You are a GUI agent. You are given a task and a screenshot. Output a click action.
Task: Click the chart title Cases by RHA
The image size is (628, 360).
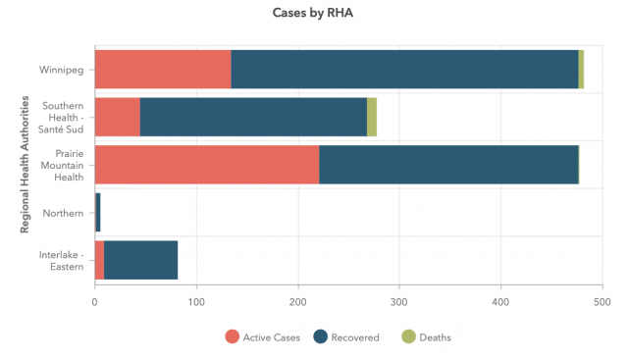pyautogui.click(x=312, y=13)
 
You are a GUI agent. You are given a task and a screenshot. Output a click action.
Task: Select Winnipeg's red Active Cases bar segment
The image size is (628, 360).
pyautogui.click(x=163, y=70)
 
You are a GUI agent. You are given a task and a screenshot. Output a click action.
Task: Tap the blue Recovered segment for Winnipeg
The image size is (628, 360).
pyautogui.click(x=404, y=70)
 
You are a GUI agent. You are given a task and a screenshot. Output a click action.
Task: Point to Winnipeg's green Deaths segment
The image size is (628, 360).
pyautogui.click(x=581, y=70)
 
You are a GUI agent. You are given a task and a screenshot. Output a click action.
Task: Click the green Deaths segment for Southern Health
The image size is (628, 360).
pyautogui.click(x=372, y=117)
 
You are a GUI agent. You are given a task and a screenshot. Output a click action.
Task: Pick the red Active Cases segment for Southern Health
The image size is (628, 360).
pyautogui.click(x=118, y=117)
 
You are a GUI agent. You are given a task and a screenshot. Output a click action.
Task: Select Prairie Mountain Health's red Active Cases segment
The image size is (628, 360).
pyautogui.click(x=207, y=165)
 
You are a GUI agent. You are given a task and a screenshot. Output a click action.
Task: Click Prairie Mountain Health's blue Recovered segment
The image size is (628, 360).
pyautogui.click(x=449, y=165)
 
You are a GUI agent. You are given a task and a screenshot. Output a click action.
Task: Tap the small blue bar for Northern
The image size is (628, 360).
pyautogui.click(x=98, y=212)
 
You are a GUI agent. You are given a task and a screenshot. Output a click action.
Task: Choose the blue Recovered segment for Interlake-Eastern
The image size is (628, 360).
pyautogui.click(x=140, y=260)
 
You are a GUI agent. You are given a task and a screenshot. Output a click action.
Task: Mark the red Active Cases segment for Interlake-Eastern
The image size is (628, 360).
pyautogui.click(x=99, y=260)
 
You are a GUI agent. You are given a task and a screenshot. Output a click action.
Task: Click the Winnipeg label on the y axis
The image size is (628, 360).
pyautogui.click(x=61, y=70)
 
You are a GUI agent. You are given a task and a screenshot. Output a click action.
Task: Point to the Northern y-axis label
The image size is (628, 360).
pyautogui.click(x=63, y=213)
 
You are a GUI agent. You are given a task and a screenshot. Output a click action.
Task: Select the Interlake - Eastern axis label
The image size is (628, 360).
pyautogui.click(x=61, y=261)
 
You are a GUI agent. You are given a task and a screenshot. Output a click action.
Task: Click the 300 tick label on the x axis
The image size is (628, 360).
pyautogui.click(x=399, y=302)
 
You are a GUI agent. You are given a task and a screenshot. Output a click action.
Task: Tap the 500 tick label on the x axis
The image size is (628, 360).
pyautogui.click(x=602, y=302)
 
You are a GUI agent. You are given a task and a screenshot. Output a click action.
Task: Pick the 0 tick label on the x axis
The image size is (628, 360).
pyautogui.click(x=94, y=302)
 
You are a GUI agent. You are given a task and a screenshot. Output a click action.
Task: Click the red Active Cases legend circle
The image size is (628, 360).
pyautogui.click(x=233, y=336)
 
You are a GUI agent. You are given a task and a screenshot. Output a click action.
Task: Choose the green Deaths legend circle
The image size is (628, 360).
pyautogui.click(x=408, y=336)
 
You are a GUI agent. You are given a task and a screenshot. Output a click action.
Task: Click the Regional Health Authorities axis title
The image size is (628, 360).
pyautogui.click(x=25, y=164)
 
